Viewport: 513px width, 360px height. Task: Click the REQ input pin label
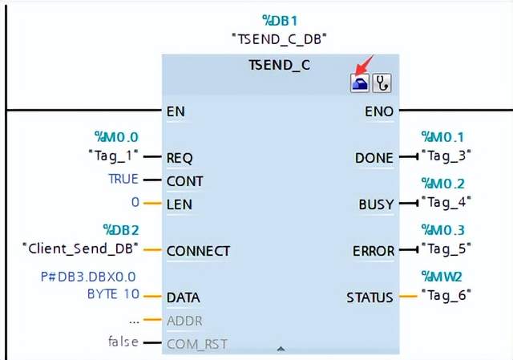180,158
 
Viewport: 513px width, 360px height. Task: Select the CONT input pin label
184,181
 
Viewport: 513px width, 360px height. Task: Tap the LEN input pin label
179,204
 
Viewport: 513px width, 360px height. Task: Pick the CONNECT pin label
198,251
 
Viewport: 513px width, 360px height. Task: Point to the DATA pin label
183,297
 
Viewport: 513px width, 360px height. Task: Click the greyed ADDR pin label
184,321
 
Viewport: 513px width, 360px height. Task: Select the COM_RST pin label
196,344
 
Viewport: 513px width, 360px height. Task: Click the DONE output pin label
374,158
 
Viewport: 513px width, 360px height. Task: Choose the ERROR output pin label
373,251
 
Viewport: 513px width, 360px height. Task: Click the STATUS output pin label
370,297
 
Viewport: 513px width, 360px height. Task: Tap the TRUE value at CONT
123,179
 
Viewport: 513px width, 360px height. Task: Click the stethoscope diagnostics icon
382,83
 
